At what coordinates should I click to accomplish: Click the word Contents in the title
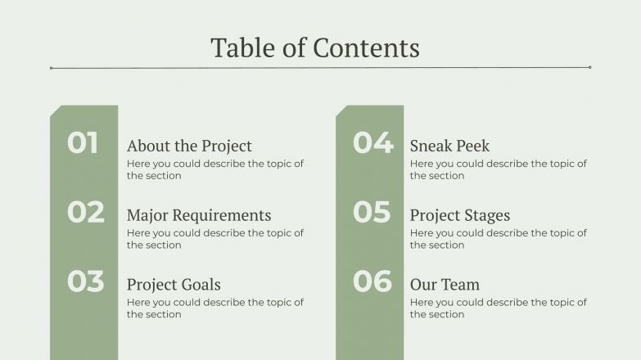366,47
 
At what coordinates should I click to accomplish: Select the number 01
83,143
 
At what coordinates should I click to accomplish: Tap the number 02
86,213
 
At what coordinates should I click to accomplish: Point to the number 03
86,281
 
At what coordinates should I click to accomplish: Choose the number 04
372,143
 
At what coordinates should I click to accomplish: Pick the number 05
372,213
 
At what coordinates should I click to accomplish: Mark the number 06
372,281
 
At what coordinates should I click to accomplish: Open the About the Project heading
189,146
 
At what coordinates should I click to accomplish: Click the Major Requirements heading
199,216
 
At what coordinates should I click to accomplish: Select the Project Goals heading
174,286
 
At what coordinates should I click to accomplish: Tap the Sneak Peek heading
449,146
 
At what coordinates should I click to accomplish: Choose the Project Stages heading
459,216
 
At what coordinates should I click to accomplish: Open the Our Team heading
445,286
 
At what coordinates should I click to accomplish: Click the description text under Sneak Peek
498,169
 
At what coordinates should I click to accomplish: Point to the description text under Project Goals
214,308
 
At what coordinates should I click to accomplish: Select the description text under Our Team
498,308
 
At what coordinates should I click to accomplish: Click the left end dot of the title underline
51,68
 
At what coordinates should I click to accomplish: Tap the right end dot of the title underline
589,68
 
